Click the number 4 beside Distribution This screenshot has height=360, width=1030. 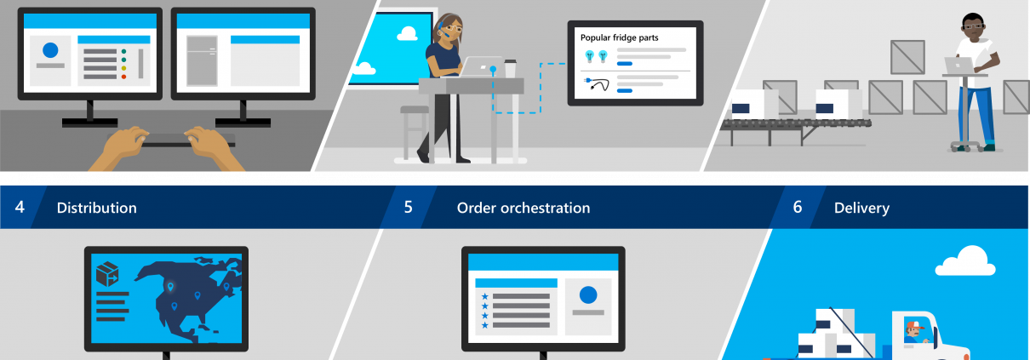coord(20,207)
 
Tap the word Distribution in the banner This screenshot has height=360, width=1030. coord(96,208)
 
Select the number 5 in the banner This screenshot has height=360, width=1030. coord(409,207)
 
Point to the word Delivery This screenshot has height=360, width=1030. coord(861,209)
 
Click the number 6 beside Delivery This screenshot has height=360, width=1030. coord(798,207)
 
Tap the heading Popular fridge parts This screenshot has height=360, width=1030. coord(619,37)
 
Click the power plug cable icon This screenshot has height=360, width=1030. coord(597,84)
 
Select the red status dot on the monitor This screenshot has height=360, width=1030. coord(123,77)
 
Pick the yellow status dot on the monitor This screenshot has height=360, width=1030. coord(123,68)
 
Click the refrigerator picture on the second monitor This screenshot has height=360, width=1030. coord(202,60)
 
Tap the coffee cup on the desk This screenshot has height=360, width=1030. coord(510,68)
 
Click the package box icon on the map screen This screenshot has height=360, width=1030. coord(107,274)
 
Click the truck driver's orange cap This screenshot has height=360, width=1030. coord(913,325)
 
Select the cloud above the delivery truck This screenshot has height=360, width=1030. coord(965,261)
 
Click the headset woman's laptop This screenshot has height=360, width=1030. coord(483,66)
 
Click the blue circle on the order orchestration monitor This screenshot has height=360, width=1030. coord(588,294)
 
